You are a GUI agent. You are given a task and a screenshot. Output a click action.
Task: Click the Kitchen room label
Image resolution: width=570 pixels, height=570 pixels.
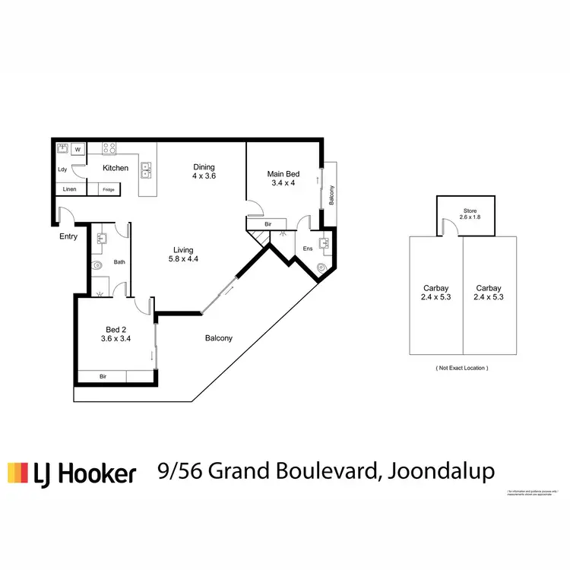[116, 168]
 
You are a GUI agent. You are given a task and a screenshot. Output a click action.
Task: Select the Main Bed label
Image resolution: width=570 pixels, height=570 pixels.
[283, 174]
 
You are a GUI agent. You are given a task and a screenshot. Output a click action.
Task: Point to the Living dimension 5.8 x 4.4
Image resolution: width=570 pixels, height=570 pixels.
[183, 259]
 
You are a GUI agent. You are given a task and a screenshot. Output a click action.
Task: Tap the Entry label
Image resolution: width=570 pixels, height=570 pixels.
[68, 236]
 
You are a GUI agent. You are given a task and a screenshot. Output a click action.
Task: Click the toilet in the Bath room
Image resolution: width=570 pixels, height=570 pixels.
[97, 266]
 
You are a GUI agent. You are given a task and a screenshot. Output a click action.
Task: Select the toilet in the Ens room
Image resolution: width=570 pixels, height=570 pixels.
[321, 267]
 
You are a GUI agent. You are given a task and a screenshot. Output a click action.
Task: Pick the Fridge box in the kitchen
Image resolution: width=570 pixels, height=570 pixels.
[109, 189]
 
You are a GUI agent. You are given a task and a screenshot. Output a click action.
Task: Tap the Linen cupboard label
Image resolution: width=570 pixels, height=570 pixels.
[69, 189]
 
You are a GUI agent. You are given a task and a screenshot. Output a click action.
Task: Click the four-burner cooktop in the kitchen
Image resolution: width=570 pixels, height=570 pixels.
[110, 149]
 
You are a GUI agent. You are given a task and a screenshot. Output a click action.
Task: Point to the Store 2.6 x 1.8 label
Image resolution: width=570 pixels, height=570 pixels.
[465, 214]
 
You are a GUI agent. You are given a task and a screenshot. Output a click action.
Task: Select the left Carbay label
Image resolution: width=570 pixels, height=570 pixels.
[436, 293]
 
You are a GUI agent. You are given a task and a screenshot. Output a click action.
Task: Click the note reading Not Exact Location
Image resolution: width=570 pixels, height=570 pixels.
[462, 367]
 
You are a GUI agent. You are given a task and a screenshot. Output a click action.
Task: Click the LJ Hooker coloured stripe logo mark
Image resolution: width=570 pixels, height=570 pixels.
[17, 473]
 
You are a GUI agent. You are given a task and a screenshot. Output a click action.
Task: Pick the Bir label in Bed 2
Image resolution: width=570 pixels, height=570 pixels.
[104, 376]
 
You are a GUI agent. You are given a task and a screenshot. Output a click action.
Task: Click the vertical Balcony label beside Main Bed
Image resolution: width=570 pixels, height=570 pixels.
[331, 195]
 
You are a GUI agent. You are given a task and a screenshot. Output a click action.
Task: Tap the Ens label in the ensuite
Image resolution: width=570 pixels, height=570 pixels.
[307, 249]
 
